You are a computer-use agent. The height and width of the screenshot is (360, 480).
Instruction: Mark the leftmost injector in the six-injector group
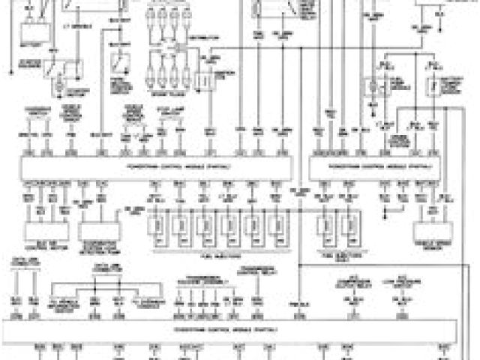pos(160,226)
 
